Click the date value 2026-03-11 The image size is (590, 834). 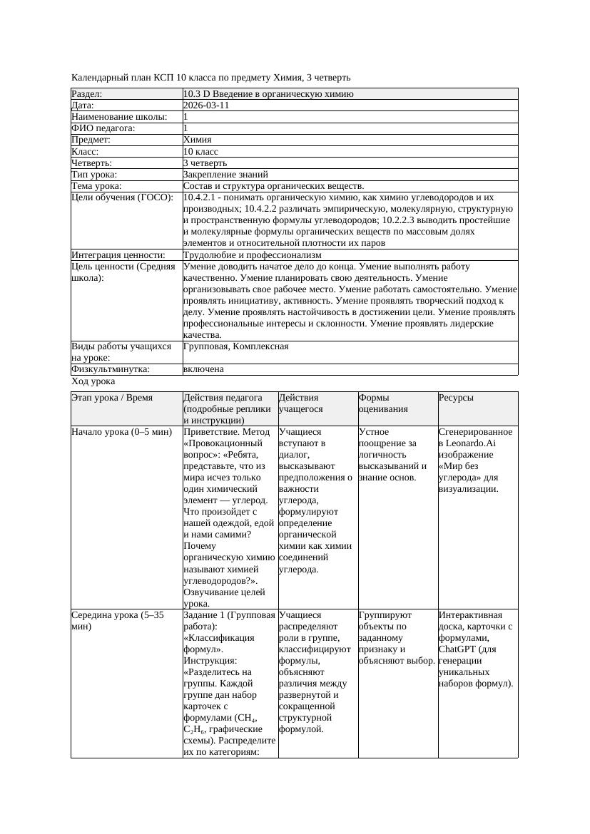[206, 105]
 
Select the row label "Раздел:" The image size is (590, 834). [87, 94]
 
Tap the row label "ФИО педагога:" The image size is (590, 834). [103, 128]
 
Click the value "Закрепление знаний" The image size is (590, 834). [225, 174]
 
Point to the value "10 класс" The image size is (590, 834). [200, 151]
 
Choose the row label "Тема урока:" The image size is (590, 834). [96, 185]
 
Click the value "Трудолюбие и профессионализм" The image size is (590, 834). [252, 254]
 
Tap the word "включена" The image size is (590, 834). [203, 369]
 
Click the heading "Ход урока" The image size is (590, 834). [93, 381]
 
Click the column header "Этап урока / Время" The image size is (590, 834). [112, 398]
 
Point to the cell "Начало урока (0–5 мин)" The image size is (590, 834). [121, 432]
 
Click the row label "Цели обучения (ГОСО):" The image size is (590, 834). [122, 197]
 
